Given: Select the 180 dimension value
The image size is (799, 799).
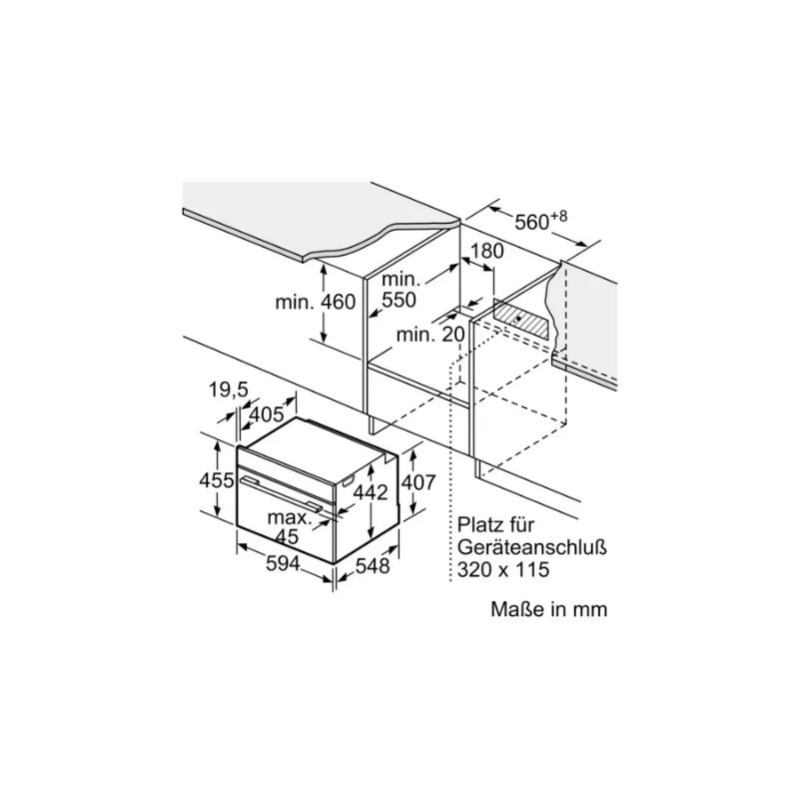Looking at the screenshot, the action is pos(486,252).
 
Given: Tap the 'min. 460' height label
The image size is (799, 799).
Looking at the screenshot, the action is pos(315,302).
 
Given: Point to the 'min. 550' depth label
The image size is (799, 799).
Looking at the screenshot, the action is pos(399,290).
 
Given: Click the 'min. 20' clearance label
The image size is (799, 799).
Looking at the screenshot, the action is pos(430,335).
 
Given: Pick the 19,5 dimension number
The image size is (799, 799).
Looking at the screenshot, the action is pos(229,390).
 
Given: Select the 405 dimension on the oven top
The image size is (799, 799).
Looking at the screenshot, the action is pos(266,414).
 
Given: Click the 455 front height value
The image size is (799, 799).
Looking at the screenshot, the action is pos(216,480).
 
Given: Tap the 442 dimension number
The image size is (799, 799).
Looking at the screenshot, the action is pos(371,492).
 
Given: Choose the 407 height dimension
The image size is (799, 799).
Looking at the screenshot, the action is pos(418,482).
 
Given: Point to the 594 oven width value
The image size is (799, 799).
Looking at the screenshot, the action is pos(284,563).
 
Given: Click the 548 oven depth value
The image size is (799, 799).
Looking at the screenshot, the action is pos(372,565).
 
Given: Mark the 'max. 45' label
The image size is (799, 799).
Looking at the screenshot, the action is pos(290,527).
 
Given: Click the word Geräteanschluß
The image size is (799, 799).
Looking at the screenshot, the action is pos(532,547).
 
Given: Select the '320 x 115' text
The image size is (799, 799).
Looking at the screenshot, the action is pos(503,569).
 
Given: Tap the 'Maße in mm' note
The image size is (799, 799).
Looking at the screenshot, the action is pos(548,609).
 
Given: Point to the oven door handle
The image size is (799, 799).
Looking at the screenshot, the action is pos(282,493).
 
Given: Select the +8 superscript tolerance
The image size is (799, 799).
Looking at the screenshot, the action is pos(559,216).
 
